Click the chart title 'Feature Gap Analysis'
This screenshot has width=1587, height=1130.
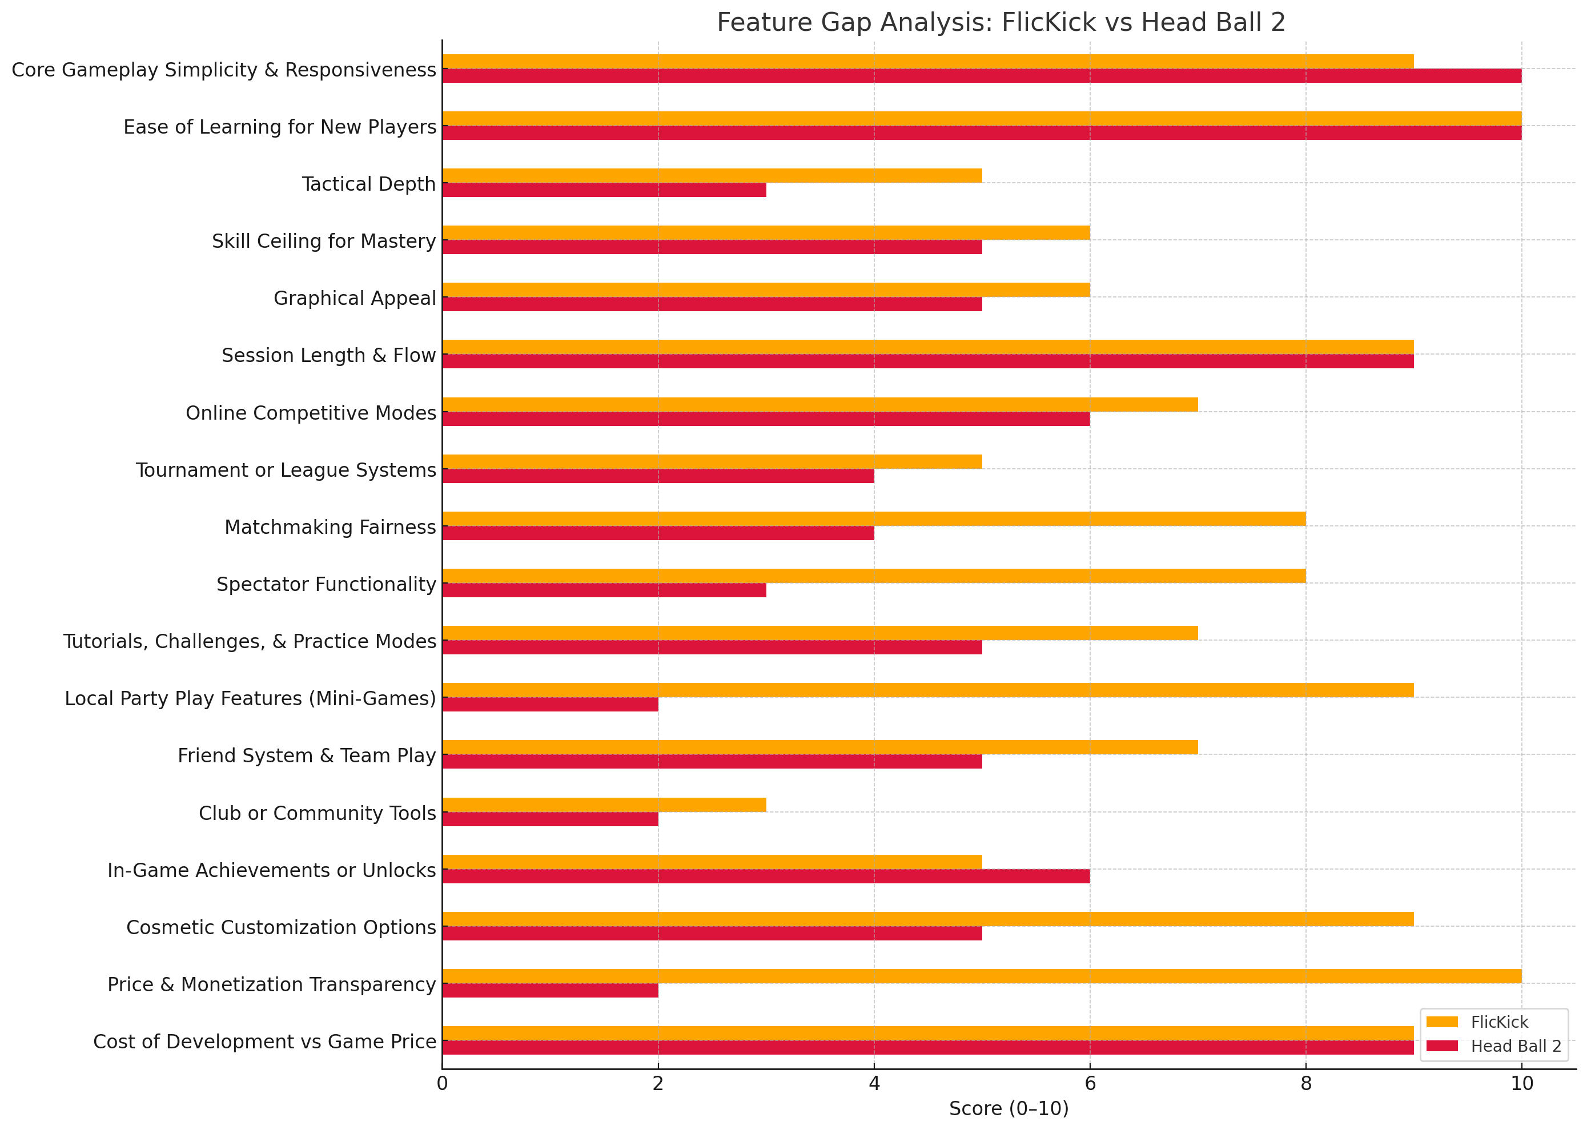(x=1001, y=22)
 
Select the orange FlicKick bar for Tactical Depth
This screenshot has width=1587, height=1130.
(x=712, y=175)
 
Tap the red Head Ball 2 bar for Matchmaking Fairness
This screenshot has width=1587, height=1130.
(x=657, y=533)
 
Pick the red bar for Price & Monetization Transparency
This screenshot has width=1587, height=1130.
(x=549, y=990)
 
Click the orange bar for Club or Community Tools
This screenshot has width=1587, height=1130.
(x=604, y=805)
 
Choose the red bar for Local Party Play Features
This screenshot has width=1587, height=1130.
(x=549, y=704)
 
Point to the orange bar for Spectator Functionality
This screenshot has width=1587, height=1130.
(x=873, y=576)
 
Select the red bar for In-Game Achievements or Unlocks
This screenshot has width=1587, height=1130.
(x=765, y=876)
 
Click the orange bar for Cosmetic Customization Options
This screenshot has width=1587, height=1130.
(x=927, y=919)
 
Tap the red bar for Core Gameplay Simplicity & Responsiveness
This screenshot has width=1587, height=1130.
(x=981, y=76)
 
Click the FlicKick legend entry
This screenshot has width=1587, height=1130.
(x=1498, y=1022)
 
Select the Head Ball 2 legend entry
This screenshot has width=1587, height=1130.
(x=1514, y=1047)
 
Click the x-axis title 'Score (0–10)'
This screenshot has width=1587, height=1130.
(x=1008, y=1109)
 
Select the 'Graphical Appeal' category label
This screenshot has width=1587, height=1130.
(x=354, y=298)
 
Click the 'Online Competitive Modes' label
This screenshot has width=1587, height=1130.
(x=310, y=413)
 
